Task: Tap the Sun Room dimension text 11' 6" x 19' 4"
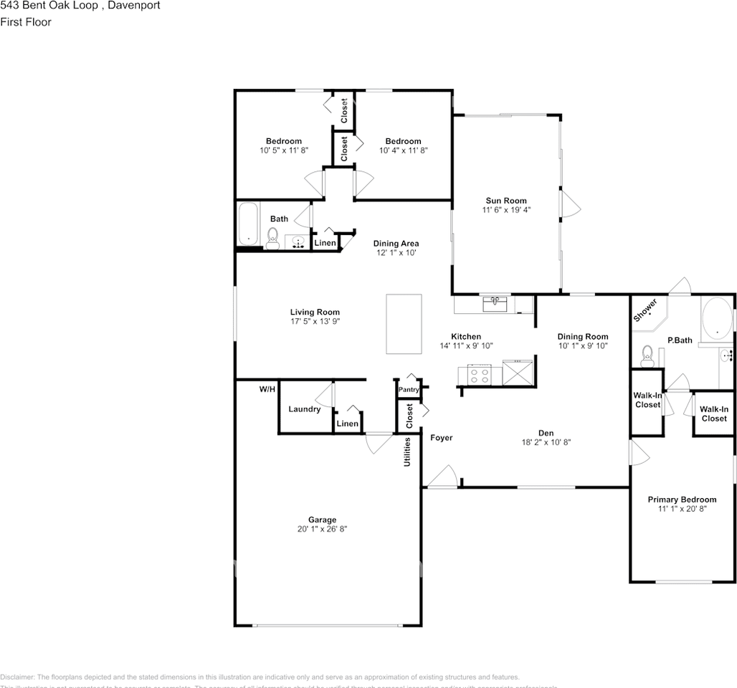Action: point(506,211)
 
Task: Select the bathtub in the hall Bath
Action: point(248,224)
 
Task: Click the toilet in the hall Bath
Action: point(272,237)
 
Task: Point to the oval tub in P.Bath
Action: point(715,318)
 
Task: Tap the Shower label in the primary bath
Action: point(645,310)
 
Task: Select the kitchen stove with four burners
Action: point(479,373)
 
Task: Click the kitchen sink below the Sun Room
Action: point(495,305)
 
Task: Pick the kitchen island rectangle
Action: point(404,323)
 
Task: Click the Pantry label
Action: point(409,389)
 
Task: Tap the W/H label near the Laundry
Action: point(267,389)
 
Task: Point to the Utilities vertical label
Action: point(406,451)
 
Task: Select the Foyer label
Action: point(441,437)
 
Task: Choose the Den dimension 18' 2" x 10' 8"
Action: point(546,442)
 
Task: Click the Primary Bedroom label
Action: point(682,500)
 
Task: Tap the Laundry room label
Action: point(304,409)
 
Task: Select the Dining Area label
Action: point(396,244)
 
